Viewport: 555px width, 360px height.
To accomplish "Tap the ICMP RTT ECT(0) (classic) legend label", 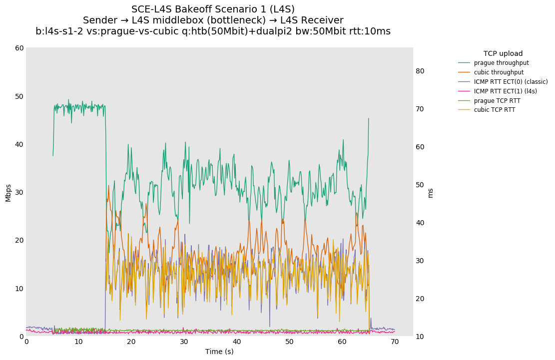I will pyautogui.click(x=511, y=82).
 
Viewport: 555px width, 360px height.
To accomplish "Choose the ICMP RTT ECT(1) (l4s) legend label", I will pyautogui.click(x=505, y=91).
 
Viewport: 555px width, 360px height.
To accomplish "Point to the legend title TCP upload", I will pyautogui.click(x=503, y=53).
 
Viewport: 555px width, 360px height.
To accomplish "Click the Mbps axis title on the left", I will pyautogui.click(x=8, y=193).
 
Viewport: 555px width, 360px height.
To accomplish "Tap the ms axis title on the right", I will pyautogui.click(x=431, y=193).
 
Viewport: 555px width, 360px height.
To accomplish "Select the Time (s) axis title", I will pyautogui.click(x=219, y=352).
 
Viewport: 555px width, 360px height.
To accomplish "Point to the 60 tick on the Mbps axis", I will pyautogui.click(x=19, y=48).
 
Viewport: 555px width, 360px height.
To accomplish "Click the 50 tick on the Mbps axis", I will pyautogui.click(x=19, y=96).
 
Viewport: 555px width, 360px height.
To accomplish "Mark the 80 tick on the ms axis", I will pyautogui.click(x=420, y=71).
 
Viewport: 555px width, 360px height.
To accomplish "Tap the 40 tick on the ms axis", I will pyautogui.click(x=420, y=223).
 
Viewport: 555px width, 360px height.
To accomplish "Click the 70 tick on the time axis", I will pyautogui.click(x=395, y=342).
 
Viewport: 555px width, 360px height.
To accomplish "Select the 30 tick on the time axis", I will pyautogui.click(x=184, y=342).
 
